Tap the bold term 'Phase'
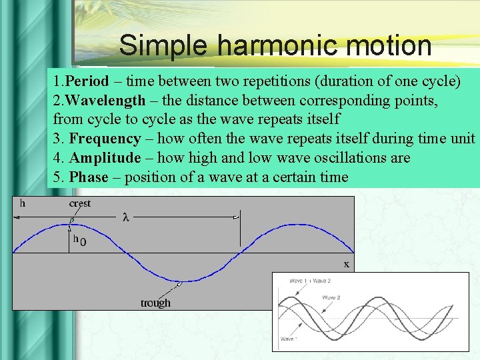coord(89,177)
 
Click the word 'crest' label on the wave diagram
coord(80,203)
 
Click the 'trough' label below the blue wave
coord(155,303)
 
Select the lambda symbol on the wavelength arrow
coord(127,217)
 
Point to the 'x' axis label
coord(346,264)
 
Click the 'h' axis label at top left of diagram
coord(22,203)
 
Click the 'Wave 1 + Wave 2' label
coord(309,281)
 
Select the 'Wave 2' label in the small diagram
coord(331,297)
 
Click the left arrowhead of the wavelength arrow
coord(16,217)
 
